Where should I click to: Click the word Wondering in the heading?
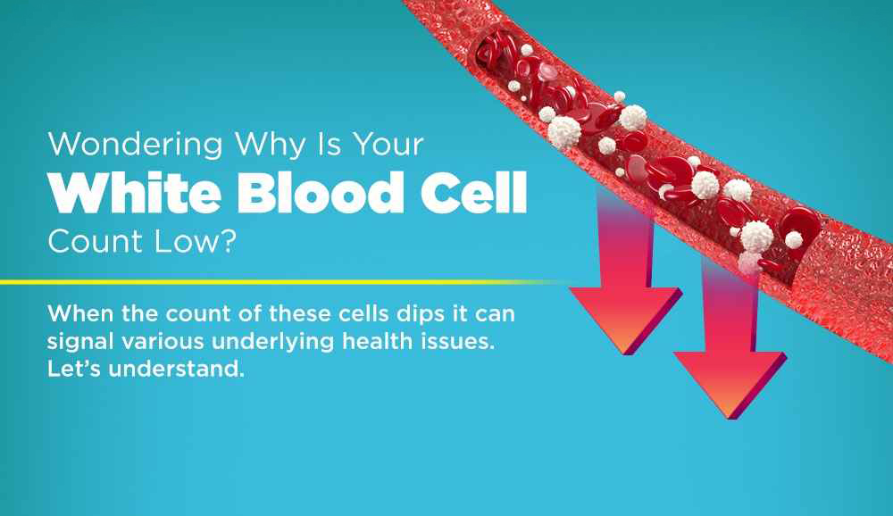(135, 146)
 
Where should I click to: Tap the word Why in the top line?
(271, 146)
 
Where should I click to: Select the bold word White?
(135, 193)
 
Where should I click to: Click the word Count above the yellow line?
(96, 241)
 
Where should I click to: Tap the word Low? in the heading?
(195, 241)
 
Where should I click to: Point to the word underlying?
(272, 343)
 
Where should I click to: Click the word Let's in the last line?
(74, 369)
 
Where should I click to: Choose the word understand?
(177, 369)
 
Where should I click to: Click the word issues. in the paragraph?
(458, 341)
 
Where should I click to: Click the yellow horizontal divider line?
(285, 282)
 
